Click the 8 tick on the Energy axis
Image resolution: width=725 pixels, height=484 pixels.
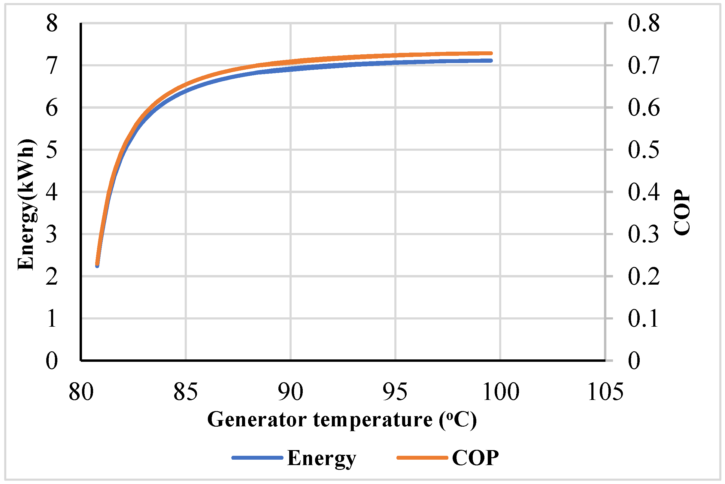coord(52,24)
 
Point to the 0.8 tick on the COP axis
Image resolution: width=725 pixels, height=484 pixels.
coord(644,24)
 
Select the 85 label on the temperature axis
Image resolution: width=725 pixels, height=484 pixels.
coord(185,392)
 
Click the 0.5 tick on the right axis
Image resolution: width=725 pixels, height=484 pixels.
coord(644,150)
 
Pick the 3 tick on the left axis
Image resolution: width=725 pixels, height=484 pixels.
coord(52,234)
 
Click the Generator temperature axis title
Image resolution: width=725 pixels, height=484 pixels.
coord(342,420)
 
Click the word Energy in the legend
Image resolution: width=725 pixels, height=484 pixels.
coord(321,458)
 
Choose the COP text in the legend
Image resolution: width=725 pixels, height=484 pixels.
coord(475,458)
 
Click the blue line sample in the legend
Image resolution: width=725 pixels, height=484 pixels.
coord(257,458)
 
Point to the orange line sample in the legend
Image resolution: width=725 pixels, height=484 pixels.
coord(422,458)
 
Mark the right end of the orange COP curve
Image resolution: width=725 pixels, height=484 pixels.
coord(491,53)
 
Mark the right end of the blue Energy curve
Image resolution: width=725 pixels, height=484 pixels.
coord(491,61)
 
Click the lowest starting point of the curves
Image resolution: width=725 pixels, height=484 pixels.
coord(97,265)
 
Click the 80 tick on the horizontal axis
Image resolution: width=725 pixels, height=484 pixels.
coord(81,392)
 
